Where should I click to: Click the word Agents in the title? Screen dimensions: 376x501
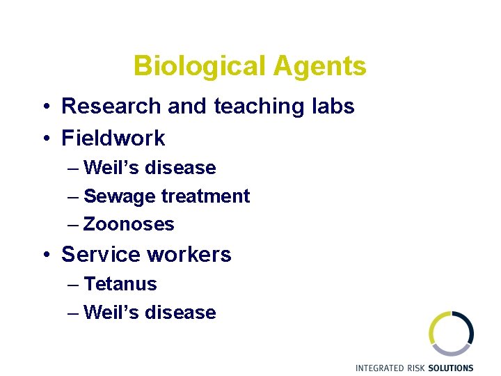click(319, 66)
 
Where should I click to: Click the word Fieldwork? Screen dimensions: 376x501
click(113, 138)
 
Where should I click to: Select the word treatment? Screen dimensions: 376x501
click(205, 197)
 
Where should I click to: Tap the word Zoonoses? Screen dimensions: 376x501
click(129, 224)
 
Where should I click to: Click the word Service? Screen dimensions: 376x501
click(101, 255)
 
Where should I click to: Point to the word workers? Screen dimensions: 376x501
click(189, 255)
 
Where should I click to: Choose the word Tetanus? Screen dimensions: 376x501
click(120, 284)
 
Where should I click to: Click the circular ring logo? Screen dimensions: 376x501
click(451, 334)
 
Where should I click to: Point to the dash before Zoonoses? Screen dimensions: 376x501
click(74, 224)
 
